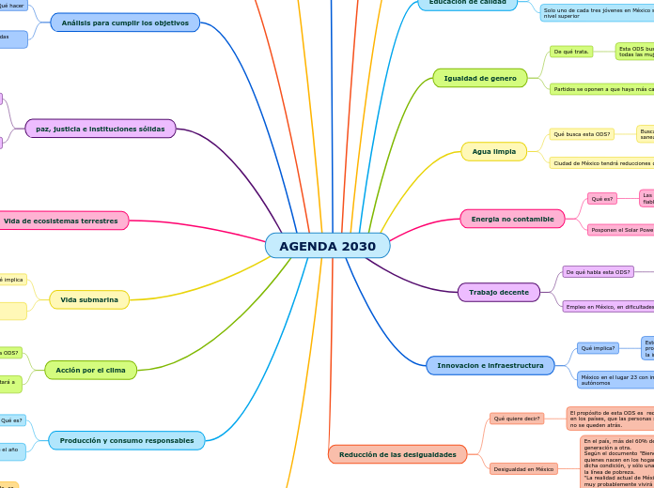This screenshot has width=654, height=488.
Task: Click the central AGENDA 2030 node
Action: [x=327, y=246]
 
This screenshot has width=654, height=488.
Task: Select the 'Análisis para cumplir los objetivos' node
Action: [x=125, y=23]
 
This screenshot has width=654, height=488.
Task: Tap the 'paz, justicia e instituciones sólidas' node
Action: [x=101, y=129]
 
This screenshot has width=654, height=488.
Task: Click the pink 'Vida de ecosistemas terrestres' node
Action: [x=61, y=221]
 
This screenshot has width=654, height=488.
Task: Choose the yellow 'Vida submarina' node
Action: [x=89, y=299]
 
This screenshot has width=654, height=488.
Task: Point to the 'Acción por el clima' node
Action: [x=90, y=370]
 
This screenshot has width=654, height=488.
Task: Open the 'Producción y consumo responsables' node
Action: [x=127, y=440]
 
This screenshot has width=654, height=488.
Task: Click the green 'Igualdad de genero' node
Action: [x=479, y=78]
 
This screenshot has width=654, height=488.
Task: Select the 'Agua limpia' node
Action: [x=493, y=151]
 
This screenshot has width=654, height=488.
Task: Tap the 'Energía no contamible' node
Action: [x=512, y=219]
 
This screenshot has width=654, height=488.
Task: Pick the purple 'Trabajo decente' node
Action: [x=498, y=293]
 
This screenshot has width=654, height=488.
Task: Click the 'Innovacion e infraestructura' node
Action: [x=490, y=365]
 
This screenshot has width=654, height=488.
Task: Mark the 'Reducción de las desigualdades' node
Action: [x=397, y=454]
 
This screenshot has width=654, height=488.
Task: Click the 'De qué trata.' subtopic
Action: [x=571, y=52]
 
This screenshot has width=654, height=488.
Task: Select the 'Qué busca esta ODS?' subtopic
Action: [x=582, y=134]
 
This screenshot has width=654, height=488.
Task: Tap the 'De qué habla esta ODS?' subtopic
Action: [x=598, y=272]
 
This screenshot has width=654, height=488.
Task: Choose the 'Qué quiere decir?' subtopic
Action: [x=517, y=419]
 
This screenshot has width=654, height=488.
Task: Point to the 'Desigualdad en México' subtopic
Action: [x=523, y=468]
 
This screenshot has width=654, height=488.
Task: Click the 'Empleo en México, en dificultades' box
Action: [x=608, y=306]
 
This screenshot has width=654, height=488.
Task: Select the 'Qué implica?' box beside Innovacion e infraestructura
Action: [x=598, y=348]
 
